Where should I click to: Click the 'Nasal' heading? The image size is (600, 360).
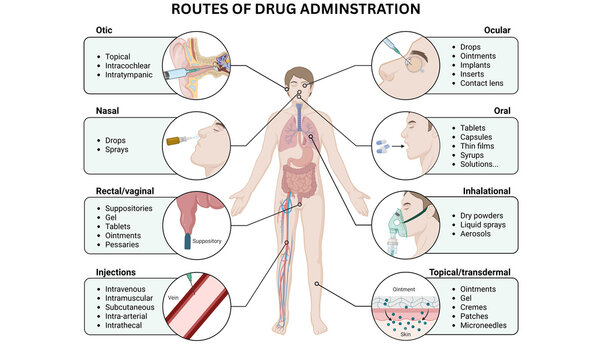tap(105, 112)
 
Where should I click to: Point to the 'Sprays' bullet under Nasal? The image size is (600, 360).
tap(118, 151)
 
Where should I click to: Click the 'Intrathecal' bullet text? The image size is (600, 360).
tap(127, 323)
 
